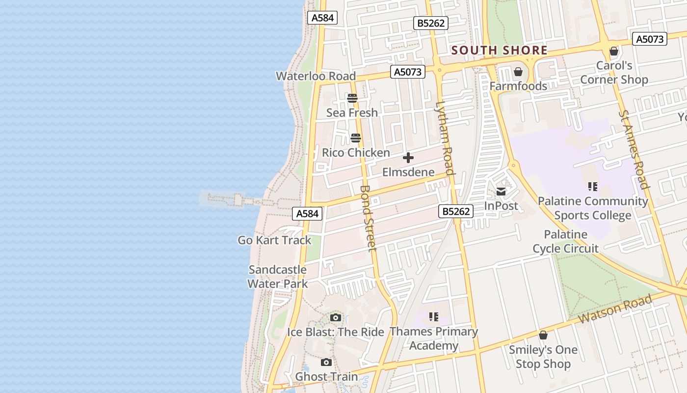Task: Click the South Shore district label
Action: [499, 50]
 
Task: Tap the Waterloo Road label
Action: [316, 76]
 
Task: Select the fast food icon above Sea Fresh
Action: [352, 98]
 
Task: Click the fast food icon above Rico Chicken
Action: [356, 138]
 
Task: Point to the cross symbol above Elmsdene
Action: [408, 158]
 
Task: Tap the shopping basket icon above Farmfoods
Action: [518, 72]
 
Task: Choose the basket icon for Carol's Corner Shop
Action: [613, 51]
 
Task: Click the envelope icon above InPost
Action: [501, 192]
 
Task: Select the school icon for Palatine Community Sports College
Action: [593, 187]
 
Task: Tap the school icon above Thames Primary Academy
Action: [433, 317]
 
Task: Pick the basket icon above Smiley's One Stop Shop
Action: [543, 335]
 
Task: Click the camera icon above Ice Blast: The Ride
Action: [336, 317]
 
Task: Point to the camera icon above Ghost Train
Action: [326, 363]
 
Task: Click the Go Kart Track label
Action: [274, 240]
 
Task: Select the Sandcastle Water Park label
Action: [277, 277]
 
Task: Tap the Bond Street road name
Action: [368, 218]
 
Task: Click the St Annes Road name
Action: [634, 149]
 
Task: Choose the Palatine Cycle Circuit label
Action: [566, 241]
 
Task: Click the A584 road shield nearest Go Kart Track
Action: [307, 214]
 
